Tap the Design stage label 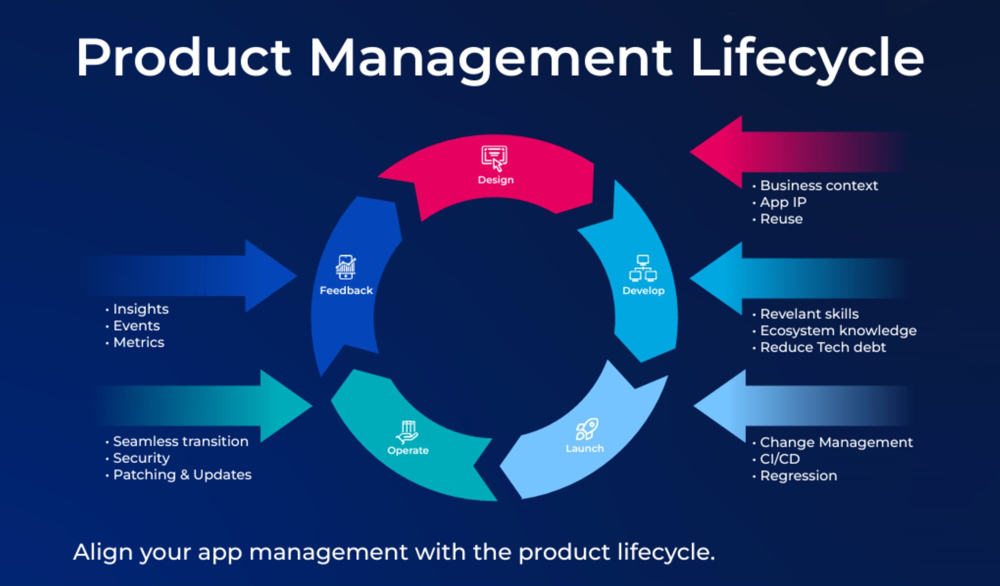(x=496, y=180)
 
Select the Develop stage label (x=643, y=291)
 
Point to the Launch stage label (x=585, y=449)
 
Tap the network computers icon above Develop (x=643, y=269)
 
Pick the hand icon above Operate (x=407, y=433)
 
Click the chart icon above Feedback (x=346, y=267)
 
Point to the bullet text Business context (x=819, y=186)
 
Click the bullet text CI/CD (x=780, y=459)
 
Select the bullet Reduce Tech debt (x=823, y=347)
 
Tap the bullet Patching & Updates (x=182, y=475)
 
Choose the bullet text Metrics (x=139, y=343)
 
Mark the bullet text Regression (x=799, y=476)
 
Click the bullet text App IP (x=783, y=202)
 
